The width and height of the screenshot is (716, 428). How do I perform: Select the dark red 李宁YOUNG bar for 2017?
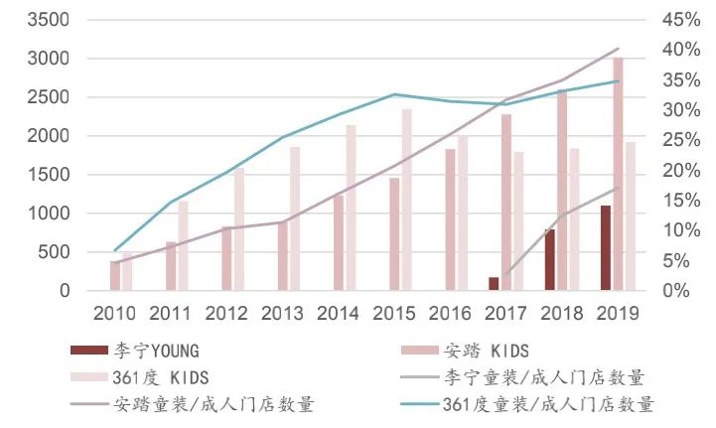click(494, 284)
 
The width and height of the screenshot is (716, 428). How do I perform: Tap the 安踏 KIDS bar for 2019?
click(618, 175)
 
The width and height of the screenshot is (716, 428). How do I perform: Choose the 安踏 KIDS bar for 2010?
click(115, 276)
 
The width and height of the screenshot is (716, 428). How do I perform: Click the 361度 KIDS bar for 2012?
click(238, 229)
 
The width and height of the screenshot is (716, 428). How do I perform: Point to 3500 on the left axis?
click(49, 20)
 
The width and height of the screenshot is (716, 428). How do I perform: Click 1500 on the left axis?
click(49, 175)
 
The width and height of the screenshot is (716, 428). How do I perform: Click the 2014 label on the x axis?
click(338, 313)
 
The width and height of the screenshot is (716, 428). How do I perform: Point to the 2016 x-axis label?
click(450, 313)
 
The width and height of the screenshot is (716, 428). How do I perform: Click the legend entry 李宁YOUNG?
click(149, 351)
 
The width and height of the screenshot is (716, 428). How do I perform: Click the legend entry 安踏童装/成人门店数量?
click(214, 404)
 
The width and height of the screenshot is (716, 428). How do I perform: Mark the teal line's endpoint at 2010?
click(115, 250)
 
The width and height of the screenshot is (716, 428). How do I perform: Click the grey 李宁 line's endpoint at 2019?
click(618, 188)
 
